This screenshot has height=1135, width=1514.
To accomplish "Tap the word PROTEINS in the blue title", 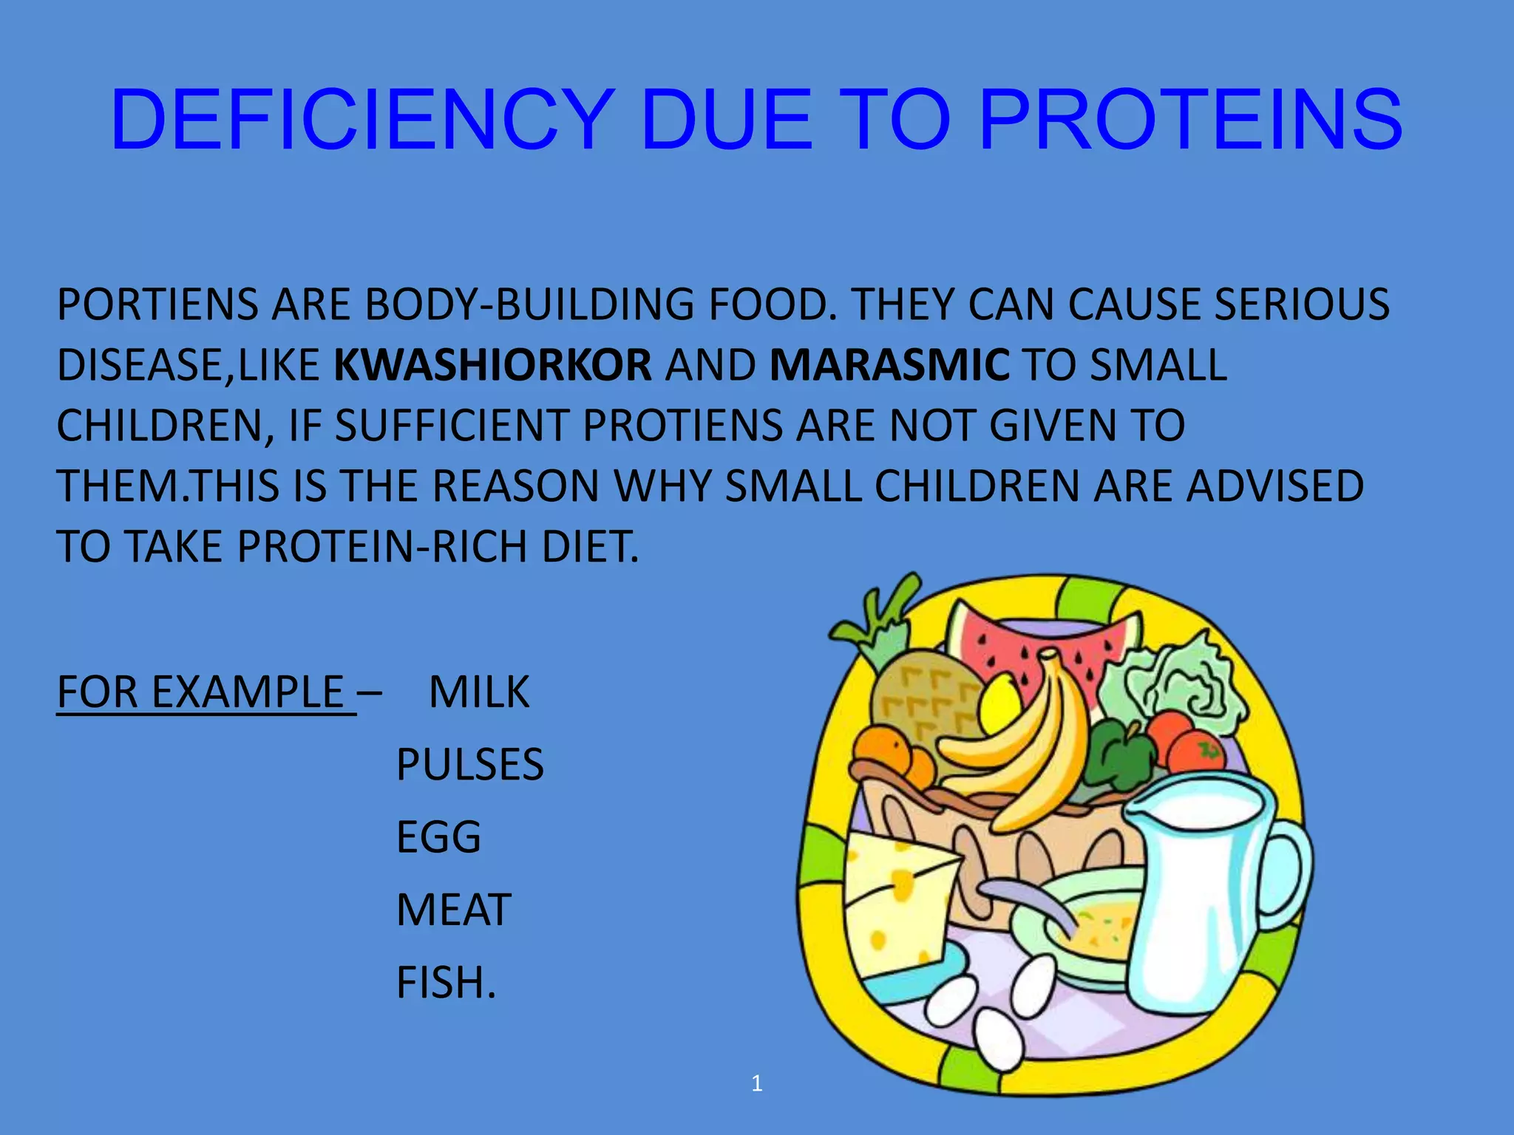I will pos(1190,120).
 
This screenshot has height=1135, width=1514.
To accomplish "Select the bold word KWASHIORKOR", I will pos(493,365).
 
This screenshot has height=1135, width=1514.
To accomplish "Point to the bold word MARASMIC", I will pos(889,365).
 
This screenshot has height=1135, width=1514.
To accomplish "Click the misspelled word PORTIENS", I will pos(157,304).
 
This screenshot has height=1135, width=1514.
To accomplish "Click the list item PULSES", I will pos(470,764).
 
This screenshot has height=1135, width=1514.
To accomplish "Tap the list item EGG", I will pos(438,836).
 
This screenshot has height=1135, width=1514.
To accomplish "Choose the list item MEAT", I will pos(454,909).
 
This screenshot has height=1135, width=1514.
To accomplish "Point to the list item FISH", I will pos(446,982).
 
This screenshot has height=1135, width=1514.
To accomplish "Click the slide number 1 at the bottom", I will pos(756,1083).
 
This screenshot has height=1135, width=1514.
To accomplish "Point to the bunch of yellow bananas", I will pos(1028,746).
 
